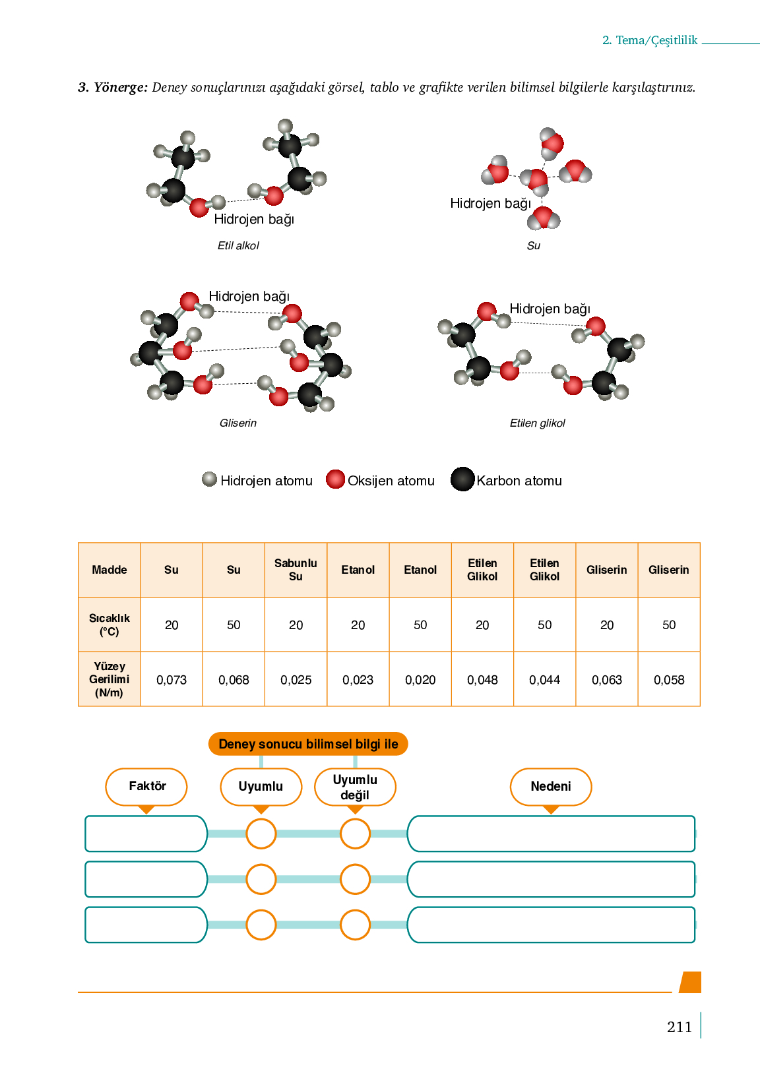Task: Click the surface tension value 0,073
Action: click(x=172, y=680)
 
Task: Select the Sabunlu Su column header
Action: click(x=296, y=570)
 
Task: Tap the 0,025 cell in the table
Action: click(x=296, y=680)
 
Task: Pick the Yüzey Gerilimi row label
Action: click(x=110, y=679)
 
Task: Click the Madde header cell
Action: click(x=110, y=570)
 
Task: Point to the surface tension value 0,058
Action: click(x=669, y=680)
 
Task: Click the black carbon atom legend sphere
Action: click(x=462, y=479)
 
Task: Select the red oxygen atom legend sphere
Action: click(x=335, y=479)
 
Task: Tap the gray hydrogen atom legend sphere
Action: click(x=209, y=479)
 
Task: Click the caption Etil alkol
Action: click(x=238, y=245)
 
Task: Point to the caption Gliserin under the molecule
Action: click(x=238, y=423)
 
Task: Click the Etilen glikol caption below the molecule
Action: click(x=537, y=423)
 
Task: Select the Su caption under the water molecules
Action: click(x=534, y=245)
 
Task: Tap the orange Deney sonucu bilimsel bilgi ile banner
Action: click(x=308, y=744)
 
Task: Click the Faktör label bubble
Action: click(x=146, y=786)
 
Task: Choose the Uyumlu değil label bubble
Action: click(x=355, y=787)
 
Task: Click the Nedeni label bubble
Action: click(x=550, y=786)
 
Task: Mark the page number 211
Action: click(x=679, y=1027)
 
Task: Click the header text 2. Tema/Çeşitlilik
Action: click(x=650, y=40)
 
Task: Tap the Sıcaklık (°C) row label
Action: click(x=110, y=625)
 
